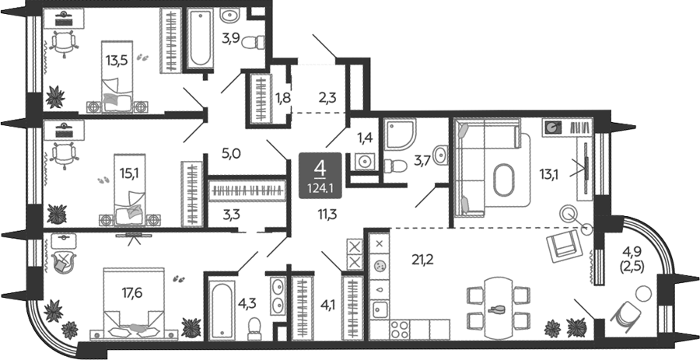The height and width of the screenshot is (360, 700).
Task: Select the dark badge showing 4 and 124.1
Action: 320,175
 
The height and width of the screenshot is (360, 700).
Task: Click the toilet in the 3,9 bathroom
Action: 253,43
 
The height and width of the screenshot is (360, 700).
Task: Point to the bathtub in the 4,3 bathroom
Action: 222,309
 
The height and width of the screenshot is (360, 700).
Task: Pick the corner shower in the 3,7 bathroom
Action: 400,135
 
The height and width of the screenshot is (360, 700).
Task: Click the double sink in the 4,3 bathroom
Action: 277,295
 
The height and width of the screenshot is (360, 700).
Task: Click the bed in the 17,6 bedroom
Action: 134,302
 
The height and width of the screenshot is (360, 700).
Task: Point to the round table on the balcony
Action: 643,294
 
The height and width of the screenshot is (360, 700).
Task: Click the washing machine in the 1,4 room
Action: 366,161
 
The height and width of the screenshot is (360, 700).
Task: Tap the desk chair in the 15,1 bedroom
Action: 63,155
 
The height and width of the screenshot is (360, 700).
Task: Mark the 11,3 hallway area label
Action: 327,215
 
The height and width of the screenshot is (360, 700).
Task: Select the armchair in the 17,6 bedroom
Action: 65,261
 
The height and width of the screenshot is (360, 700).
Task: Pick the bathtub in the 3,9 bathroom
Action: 200,39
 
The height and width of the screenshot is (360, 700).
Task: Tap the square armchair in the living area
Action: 563,246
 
